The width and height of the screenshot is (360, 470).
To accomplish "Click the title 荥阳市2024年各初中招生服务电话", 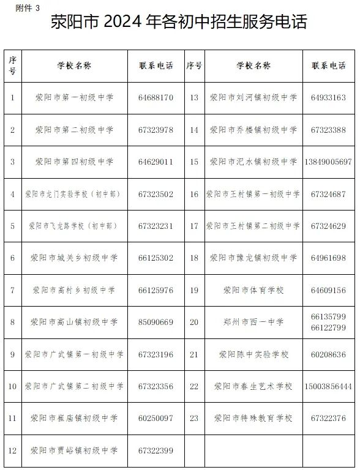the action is (x=179, y=23).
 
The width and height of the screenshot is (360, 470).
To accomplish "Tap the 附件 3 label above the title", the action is (x=26, y=7).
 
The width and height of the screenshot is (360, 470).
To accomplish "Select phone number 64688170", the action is (x=156, y=97).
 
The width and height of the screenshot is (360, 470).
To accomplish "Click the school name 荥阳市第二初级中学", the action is (x=74, y=130).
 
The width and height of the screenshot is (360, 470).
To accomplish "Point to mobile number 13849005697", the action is (x=328, y=162).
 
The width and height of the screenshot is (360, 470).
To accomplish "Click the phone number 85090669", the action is (x=156, y=322).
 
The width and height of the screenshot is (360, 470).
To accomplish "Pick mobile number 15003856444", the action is (x=328, y=387).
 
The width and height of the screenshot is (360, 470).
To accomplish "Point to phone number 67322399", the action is (x=156, y=451).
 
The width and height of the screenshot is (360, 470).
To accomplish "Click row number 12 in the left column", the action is (x=12, y=451).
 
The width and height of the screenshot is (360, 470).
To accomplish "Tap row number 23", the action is (x=194, y=419).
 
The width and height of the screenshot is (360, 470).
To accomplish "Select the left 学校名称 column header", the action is (x=74, y=65).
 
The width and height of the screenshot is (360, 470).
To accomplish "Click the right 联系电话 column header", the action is (x=328, y=65).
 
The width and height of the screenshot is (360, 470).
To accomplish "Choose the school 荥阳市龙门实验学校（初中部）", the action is (x=74, y=194).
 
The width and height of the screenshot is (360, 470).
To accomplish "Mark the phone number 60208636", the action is (x=328, y=354).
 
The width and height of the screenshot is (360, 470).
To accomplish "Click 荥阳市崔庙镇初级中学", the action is (x=74, y=419).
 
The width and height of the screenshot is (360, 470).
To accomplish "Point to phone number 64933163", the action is (x=328, y=97).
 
